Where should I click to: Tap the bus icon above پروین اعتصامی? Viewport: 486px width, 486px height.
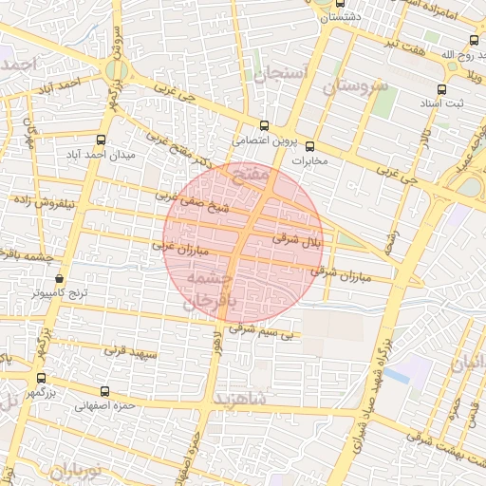(264, 125)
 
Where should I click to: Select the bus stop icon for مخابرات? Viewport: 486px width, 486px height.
(308, 145)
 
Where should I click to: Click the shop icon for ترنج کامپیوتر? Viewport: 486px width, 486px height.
(60, 279)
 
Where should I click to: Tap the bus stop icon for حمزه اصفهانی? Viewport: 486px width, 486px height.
(104, 391)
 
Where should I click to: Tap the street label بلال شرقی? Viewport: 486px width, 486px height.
(298, 240)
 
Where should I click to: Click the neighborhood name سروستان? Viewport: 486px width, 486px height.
(356, 86)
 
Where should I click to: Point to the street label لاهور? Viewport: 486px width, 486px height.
(221, 345)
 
